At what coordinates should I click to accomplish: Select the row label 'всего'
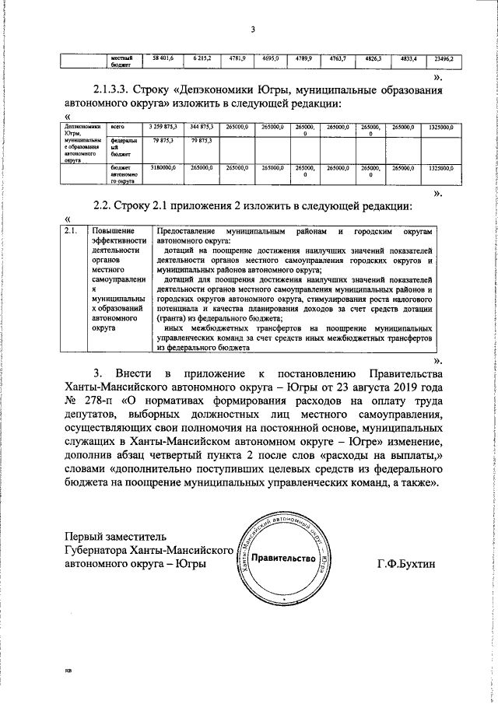[117, 125]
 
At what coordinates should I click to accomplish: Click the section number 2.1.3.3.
[116, 89]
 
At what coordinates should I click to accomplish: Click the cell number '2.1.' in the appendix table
[71, 231]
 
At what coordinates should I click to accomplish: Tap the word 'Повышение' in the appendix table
[115, 231]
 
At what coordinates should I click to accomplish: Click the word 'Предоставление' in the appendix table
[186, 231]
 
